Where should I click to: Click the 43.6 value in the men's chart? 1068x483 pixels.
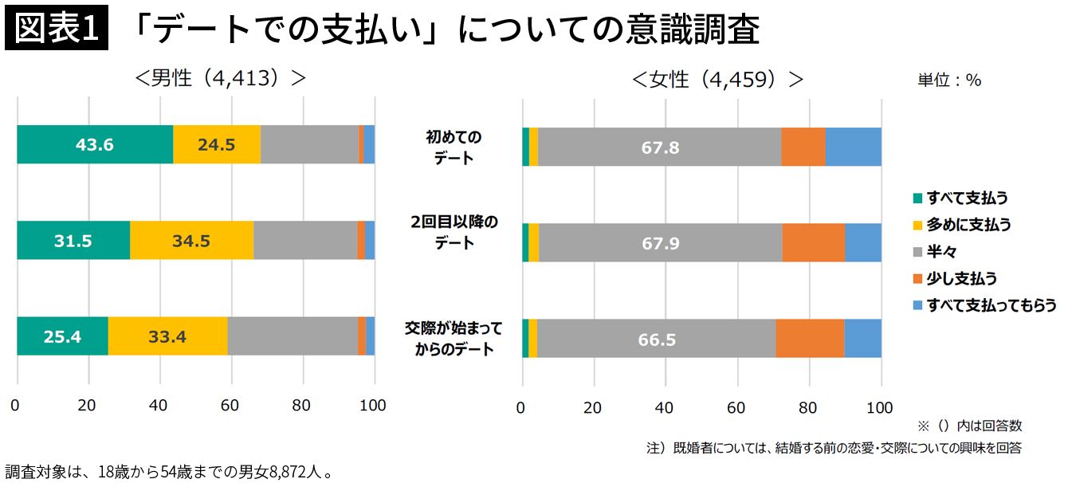94,145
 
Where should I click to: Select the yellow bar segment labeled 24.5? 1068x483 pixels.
217,145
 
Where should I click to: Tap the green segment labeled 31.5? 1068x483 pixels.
73,241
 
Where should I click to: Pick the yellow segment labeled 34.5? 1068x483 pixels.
191,241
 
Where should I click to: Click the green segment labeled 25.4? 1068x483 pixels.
62,336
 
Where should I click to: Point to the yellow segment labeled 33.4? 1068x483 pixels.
167,336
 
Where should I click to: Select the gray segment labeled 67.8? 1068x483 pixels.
660,148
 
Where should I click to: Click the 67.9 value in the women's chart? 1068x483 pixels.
660,243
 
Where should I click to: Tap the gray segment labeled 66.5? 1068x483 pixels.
657,339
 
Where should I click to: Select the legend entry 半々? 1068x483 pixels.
941,252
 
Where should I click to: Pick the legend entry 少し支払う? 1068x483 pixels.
961,278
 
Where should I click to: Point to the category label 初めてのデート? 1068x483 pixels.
454,147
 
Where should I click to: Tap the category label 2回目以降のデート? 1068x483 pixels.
454,232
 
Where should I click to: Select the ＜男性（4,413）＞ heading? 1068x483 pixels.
221,79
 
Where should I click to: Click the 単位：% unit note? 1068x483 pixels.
948,80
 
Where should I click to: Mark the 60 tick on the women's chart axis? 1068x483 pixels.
737,408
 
